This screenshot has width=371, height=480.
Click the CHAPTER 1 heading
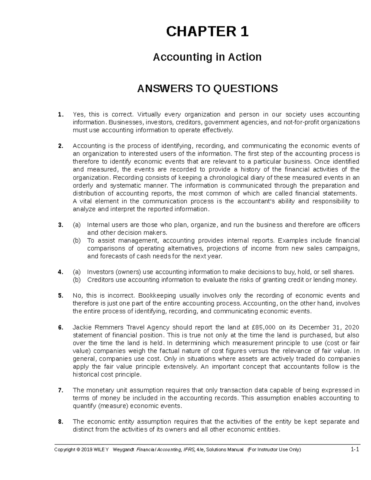[207, 32]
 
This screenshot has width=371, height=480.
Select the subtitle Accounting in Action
[207, 57]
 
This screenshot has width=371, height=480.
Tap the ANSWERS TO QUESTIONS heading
[207, 89]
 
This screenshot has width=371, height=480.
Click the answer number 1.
[60, 115]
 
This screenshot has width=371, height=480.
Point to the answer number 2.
[60, 146]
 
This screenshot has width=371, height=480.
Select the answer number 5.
[60, 295]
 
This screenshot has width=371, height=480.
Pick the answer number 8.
[60, 422]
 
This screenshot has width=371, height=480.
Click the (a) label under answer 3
[76, 225]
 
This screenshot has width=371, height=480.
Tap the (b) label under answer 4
[76, 280]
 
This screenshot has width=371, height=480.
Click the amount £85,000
[261, 327]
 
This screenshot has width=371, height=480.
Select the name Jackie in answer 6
[81, 327]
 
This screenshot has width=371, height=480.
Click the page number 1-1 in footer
[355, 450]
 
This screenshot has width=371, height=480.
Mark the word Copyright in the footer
[64, 450]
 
